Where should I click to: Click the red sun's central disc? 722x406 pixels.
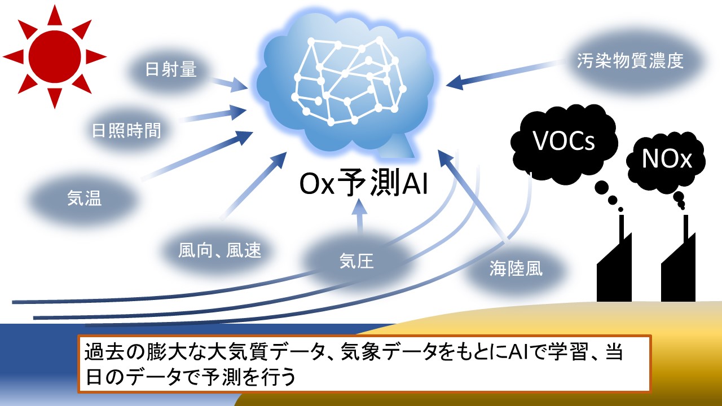55,56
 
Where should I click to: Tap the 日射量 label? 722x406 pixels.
170,70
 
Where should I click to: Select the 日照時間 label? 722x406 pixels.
127,131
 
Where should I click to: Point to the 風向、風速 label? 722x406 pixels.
220,250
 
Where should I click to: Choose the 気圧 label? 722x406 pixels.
356,261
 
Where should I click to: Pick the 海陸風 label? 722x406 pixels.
516,268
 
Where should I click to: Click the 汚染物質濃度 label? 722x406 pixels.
630,61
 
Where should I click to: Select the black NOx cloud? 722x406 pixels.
667,160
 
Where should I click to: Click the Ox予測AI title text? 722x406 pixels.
363,186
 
